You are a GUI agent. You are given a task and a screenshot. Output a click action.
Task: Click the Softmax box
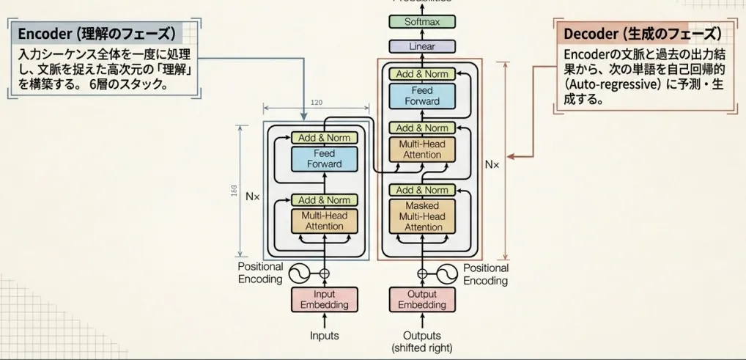click(x=422, y=22)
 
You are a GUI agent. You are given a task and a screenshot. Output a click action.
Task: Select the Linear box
click(x=422, y=46)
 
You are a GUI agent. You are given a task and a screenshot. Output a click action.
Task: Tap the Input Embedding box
click(x=324, y=300)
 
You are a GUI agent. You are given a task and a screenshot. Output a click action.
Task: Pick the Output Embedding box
click(x=422, y=300)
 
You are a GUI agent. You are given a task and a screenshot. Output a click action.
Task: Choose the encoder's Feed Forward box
click(x=324, y=159)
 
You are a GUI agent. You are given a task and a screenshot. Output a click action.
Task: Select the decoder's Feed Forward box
click(x=422, y=96)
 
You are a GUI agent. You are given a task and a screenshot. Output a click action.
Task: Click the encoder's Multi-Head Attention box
click(x=324, y=221)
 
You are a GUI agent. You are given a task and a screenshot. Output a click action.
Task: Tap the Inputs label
click(x=324, y=336)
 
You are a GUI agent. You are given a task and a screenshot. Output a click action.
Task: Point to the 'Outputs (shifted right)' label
click(x=422, y=342)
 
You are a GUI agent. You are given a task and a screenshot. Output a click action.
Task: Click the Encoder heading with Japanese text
click(x=96, y=34)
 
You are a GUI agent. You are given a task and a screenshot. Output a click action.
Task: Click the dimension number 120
click(x=317, y=103)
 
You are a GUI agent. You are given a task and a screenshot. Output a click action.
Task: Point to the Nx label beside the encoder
click(x=253, y=196)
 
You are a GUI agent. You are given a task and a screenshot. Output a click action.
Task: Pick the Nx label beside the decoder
click(x=492, y=165)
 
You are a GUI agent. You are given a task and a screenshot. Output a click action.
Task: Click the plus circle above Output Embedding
click(x=422, y=274)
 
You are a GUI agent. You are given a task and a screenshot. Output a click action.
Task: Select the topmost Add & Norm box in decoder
click(x=422, y=74)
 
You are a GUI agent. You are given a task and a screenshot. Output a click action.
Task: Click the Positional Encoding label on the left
click(x=260, y=273)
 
